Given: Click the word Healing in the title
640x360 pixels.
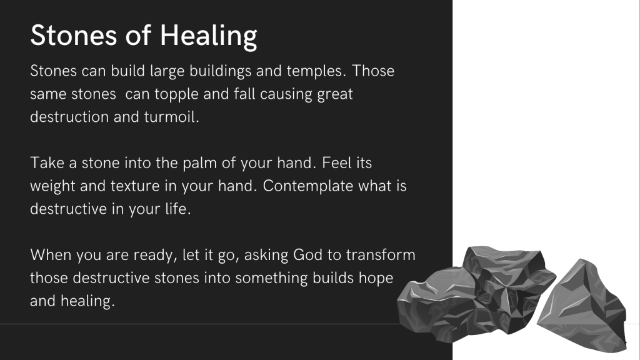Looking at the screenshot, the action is coord(208,36).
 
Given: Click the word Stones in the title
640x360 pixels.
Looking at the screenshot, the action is coord(74,35).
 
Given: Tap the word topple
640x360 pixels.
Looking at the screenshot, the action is coord(177,95).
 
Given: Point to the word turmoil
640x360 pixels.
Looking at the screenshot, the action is coord(171,117).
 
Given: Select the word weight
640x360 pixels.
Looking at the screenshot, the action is coord(52,186).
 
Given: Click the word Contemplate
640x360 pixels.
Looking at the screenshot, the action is coord(307,186).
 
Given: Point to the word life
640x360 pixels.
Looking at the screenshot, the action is coord(178,209).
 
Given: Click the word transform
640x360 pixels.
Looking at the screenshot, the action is coord(381,255).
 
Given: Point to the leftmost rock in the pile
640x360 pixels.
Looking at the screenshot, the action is coord(437,304).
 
